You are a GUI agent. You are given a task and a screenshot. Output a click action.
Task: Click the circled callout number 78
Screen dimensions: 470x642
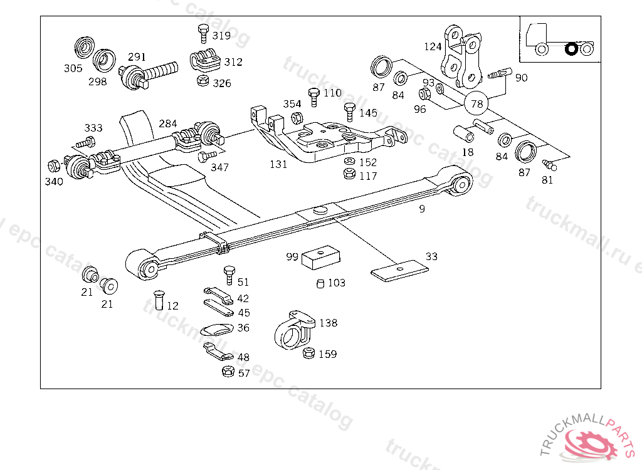(476, 103)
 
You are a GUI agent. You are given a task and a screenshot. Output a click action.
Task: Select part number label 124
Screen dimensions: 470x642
(433, 46)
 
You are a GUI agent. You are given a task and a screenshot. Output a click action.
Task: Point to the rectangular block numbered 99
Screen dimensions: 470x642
(321, 258)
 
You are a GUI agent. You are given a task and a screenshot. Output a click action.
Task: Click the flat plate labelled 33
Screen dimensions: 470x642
(399, 270)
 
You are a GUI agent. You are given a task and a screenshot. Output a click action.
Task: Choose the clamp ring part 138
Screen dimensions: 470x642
(293, 330)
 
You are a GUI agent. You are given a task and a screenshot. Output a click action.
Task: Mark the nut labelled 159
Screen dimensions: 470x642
(308, 353)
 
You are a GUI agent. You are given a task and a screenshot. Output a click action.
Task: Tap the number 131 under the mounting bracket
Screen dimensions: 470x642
(278, 165)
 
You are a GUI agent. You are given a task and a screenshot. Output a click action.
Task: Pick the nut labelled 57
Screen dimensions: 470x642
(228, 372)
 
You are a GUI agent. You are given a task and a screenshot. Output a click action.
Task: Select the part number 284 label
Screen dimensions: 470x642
(167, 124)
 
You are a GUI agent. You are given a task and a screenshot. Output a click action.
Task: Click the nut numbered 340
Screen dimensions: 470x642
(53, 167)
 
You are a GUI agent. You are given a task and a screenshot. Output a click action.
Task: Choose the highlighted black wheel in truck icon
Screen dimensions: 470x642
(571, 48)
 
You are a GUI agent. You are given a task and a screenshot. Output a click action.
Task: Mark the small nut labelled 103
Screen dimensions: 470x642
(320, 284)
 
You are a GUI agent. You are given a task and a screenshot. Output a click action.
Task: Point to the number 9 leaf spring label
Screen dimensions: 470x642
(422, 209)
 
